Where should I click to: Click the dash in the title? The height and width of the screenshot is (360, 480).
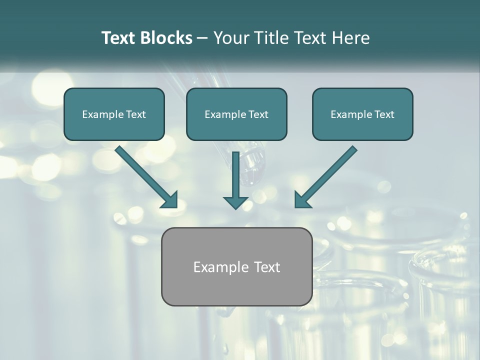202,38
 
